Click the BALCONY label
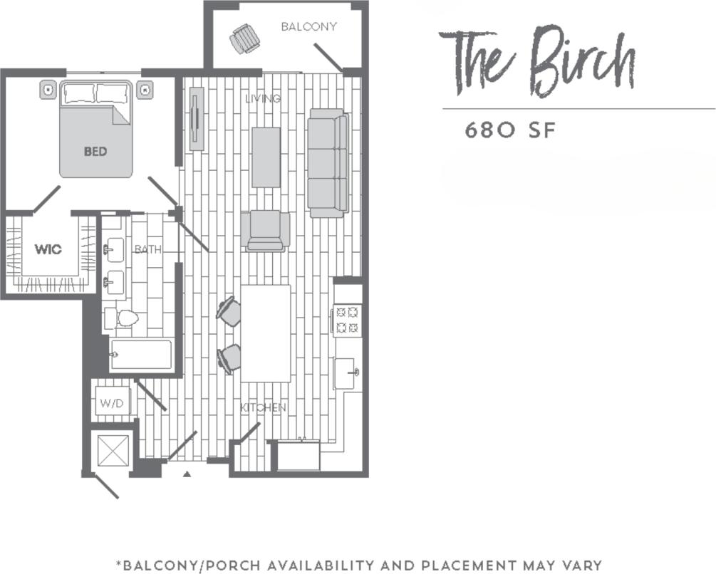click(308, 26)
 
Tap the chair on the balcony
click(244, 38)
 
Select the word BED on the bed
click(95, 151)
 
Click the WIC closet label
click(48, 249)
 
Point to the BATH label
click(148, 249)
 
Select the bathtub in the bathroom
click(141, 355)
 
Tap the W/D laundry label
click(112, 403)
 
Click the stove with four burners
click(348, 320)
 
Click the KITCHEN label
click(263, 407)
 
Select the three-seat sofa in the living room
click(328, 163)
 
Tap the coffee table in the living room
click(266, 157)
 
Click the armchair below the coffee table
click(265, 231)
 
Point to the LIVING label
click(263, 98)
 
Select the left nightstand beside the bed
click(48, 90)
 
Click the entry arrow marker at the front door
click(187, 473)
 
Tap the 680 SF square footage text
click(509, 131)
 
